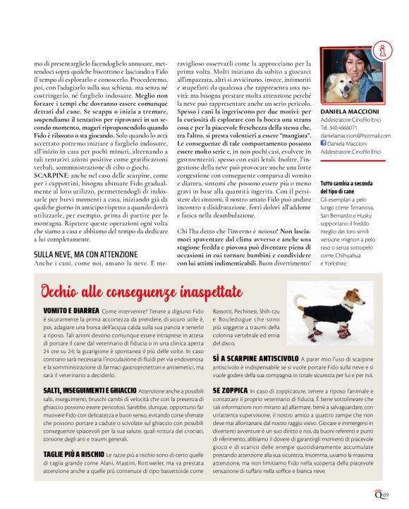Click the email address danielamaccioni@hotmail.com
[x=355, y=135]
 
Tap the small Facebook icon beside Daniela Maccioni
[x=323, y=143]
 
